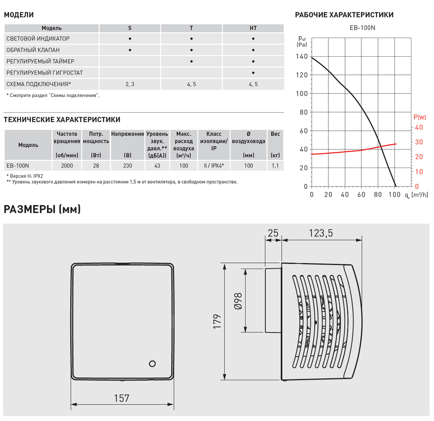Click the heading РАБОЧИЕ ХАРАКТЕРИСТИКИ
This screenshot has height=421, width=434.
344,15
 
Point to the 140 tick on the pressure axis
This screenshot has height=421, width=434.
302,57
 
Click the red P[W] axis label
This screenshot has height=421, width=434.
420,117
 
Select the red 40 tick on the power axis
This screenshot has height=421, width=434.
419,127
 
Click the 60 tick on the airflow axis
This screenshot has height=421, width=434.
362,195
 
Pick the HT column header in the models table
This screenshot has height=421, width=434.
253,28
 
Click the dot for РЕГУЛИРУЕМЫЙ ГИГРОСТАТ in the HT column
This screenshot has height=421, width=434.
253,73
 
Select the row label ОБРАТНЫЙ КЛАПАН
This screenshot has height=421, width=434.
33,50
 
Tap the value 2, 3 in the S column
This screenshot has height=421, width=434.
130,84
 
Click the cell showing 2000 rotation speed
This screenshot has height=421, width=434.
67,165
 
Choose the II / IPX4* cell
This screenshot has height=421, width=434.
214,165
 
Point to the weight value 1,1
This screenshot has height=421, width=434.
275,165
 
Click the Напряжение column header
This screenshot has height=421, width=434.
127,134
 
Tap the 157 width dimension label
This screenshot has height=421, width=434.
122,398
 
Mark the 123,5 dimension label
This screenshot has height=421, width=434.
321,233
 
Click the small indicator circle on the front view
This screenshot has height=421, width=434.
152,363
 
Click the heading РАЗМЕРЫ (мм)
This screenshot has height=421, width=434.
42,210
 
